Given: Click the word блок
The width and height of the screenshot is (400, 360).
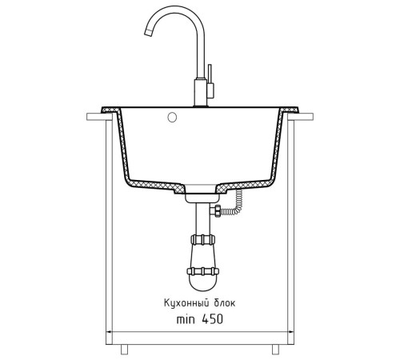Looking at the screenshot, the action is (x=225, y=303).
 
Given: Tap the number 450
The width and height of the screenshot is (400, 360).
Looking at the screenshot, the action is (x=212, y=319).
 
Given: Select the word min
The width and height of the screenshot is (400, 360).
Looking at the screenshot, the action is (x=186, y=319).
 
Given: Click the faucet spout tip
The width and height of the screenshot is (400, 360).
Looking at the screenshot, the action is (x=147, y=33).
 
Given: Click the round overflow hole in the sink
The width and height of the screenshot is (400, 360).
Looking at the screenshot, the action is (x=172, y=117).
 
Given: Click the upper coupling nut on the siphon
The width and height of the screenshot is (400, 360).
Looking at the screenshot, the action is (x=202, y=239).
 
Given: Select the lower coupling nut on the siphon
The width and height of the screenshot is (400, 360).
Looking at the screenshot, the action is (x=203, y=271).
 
